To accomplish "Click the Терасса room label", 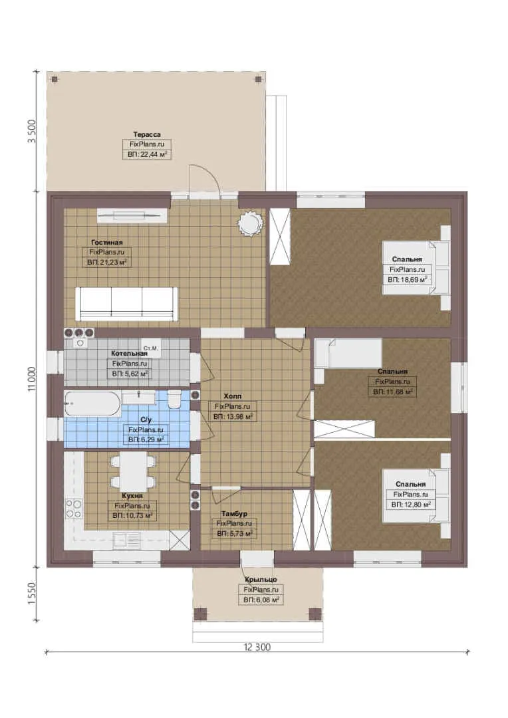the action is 147,134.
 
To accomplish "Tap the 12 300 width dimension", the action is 257,647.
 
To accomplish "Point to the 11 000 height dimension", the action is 32,379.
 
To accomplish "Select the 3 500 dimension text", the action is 32,132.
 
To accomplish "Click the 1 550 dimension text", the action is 32,594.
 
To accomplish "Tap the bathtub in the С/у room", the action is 92,404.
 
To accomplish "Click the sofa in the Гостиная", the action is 126,304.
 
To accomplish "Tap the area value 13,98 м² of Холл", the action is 233,417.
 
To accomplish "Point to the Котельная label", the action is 129,353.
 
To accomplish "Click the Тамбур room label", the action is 234,514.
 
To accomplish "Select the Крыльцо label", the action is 261,580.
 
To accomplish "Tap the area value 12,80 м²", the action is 411,505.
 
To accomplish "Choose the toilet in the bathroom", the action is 174,399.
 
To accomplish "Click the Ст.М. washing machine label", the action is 151,348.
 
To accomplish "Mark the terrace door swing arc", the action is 210,174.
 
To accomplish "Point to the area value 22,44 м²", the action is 147,155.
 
